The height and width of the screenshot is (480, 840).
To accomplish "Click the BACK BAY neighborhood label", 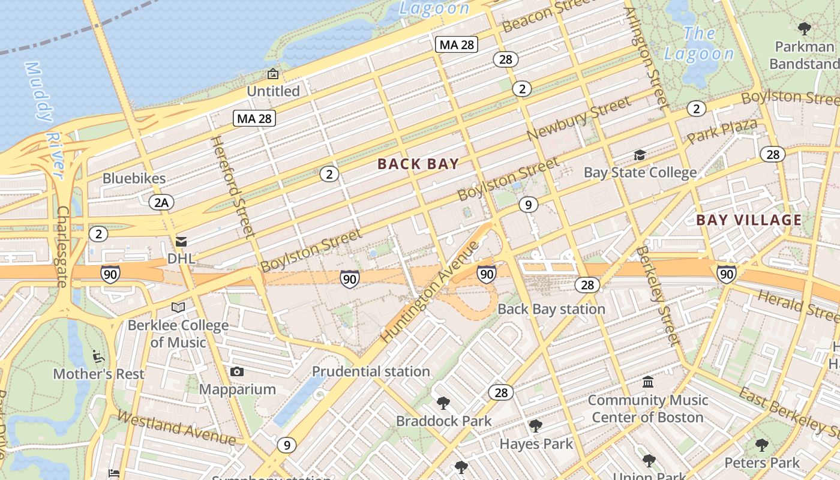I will [x=418, y=164].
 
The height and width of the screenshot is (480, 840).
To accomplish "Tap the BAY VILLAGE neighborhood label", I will [x=749, y=220].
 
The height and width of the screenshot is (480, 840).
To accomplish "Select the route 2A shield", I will [x=161, y=202].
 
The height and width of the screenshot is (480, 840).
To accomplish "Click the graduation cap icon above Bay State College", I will [x=640, y=155].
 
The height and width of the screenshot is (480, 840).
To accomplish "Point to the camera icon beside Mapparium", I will [x=237, y=372].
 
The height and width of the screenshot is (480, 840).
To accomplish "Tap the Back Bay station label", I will [x=551, y=309].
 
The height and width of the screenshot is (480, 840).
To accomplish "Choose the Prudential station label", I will [x=371, y=371].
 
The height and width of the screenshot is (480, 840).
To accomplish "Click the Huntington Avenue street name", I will [x=430, y=292].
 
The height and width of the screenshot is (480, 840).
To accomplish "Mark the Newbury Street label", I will [x=579, y=118].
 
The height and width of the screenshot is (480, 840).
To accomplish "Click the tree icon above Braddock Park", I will [x=443, y=403].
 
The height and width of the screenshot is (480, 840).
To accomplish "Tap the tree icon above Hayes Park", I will [x=536, y=426].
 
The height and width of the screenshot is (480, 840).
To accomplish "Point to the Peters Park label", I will [x=762, y=463].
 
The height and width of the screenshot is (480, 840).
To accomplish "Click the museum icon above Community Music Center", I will [x=648, y=382].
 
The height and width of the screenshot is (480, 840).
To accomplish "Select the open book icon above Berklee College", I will [x=178, y=308].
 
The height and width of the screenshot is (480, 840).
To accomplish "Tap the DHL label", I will [x=181, y=259].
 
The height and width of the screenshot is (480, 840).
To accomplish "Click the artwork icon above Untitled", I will [x=273, y=74].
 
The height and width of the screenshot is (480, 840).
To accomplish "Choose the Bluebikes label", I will [x=134, y=178].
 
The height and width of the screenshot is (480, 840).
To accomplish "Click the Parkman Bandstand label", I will [x=805, y=55].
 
